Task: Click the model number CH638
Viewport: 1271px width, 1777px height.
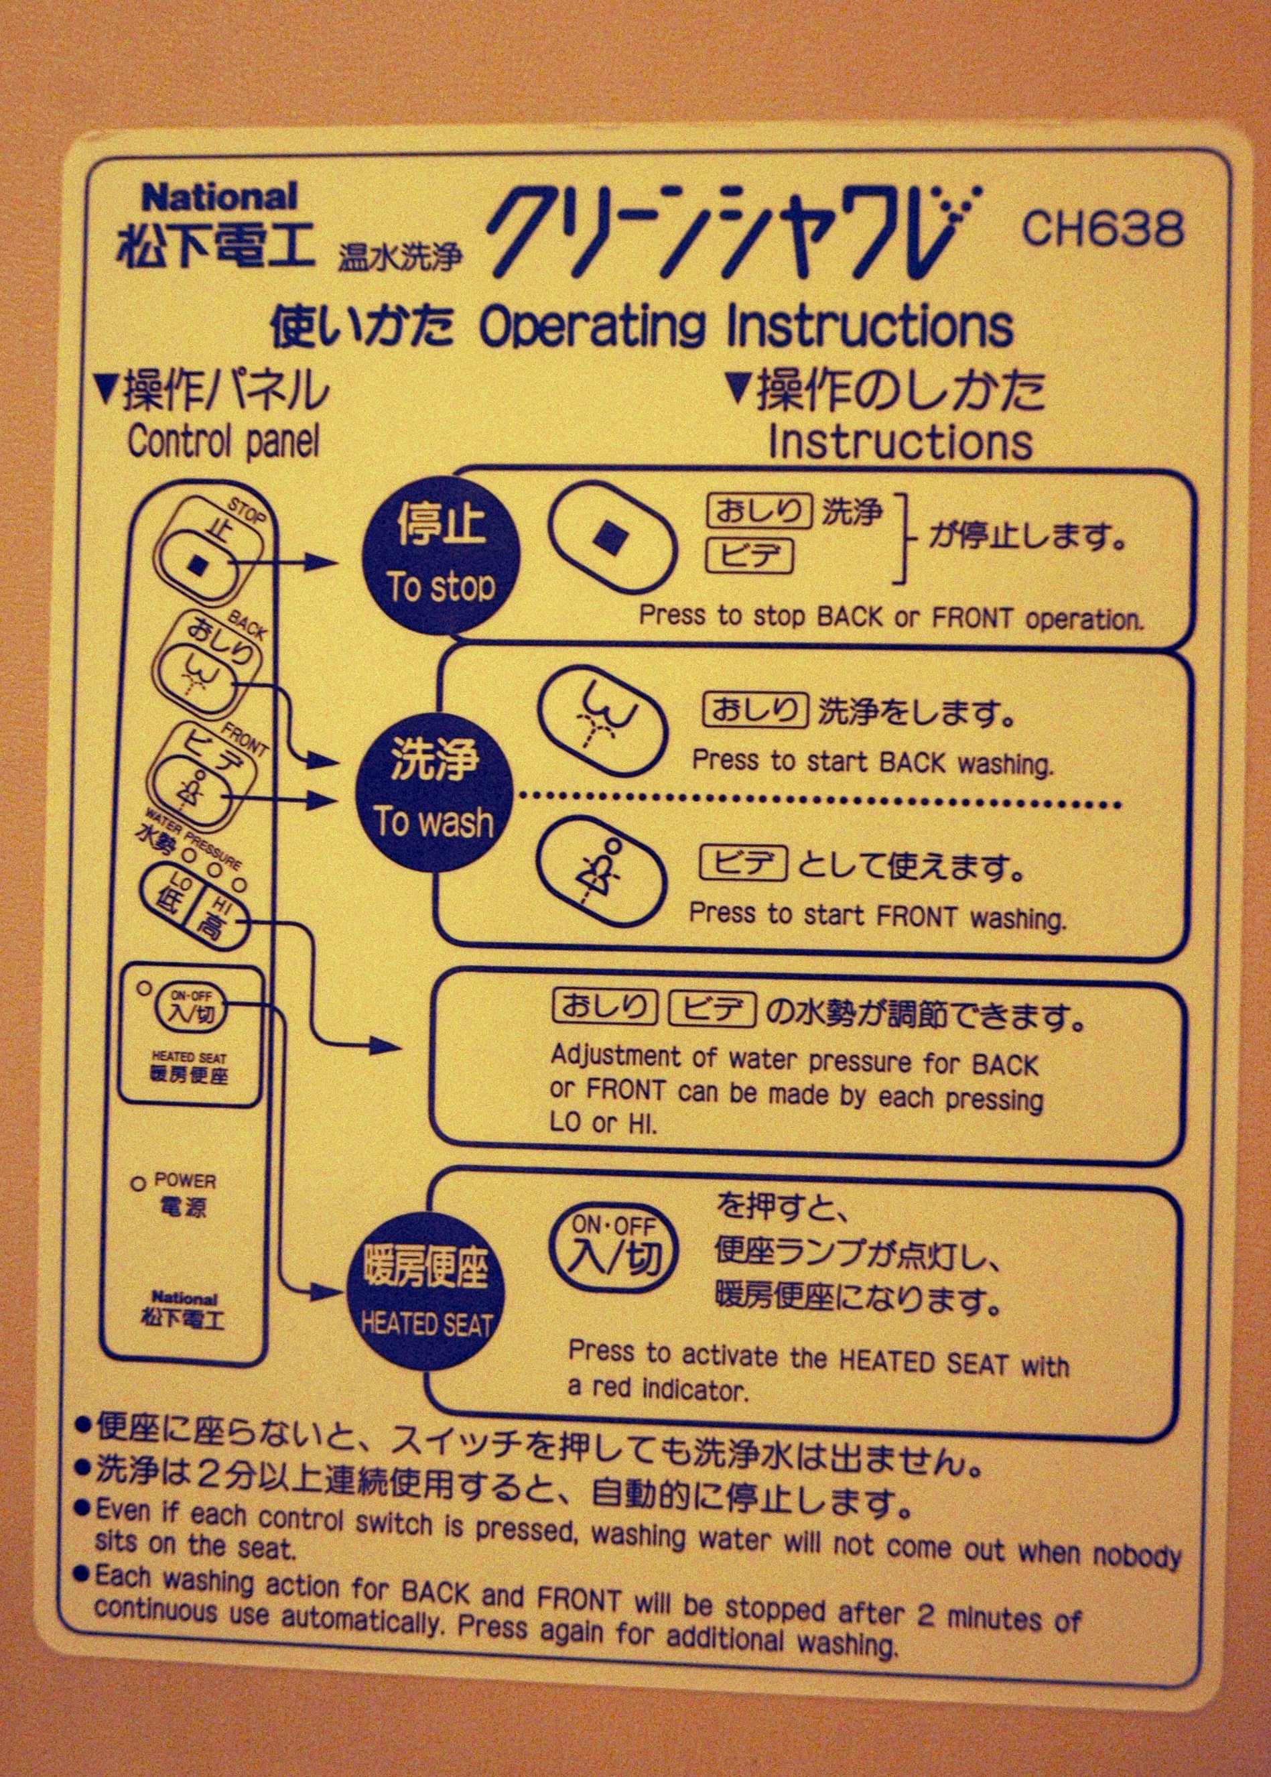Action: tap(1102, 228)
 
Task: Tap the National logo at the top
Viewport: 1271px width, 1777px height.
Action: tap(219, 196)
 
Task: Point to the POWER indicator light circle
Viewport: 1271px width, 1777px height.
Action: tap(139, 1184)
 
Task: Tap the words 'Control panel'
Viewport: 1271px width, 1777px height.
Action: tap(224, 442)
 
